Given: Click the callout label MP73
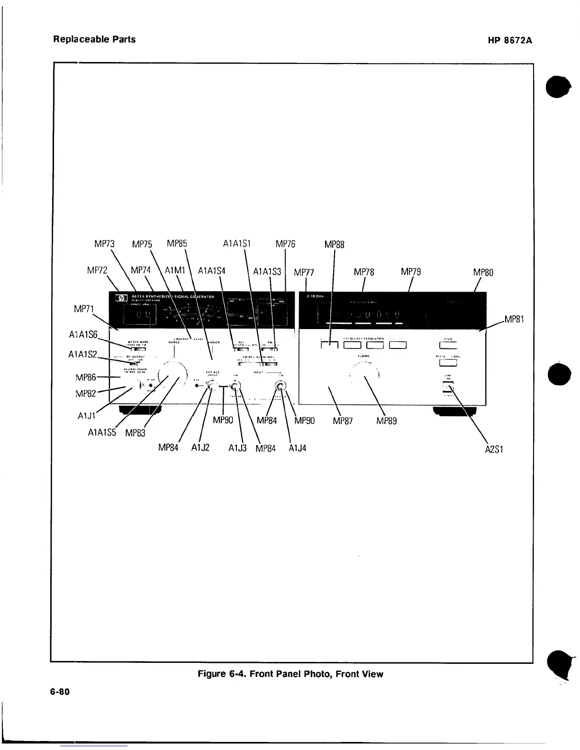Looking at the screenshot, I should (104, 244).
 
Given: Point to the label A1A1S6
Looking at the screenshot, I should (83, 334).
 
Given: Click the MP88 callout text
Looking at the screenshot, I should (335, 245).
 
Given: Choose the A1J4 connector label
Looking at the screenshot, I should (298, 447).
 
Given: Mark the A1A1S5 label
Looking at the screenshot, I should (102, 432).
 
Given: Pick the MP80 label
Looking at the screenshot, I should (483, 272).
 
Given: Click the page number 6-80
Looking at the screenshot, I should (60, 692).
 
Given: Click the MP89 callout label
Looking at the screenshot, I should (386, 420).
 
